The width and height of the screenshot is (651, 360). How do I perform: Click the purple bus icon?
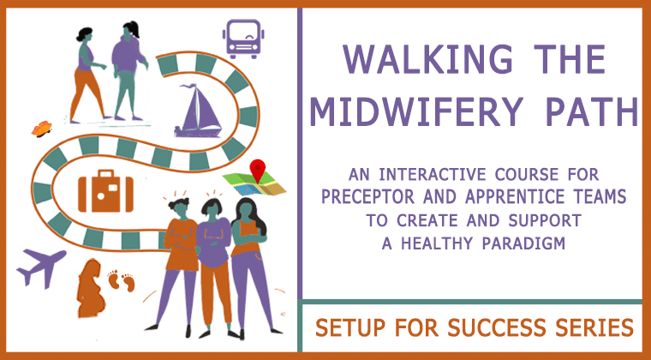243,39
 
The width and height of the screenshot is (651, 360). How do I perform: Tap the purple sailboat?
199,111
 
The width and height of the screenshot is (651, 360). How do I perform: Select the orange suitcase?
105,191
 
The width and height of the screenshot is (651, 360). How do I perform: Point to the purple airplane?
41,267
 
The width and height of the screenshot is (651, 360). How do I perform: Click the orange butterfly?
41,129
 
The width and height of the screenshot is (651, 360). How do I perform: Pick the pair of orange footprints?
121,280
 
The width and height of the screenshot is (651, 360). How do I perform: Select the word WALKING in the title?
427,59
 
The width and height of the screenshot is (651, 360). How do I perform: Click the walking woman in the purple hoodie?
128,70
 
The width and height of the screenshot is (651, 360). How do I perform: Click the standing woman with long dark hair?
249,266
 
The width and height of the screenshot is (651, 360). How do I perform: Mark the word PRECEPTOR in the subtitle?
367,196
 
